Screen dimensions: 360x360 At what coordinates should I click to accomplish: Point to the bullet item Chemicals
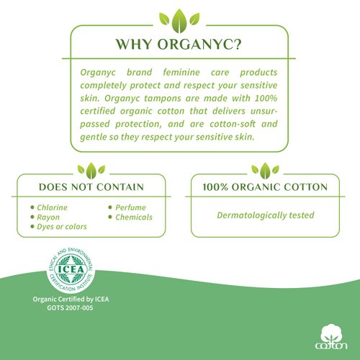[135, 217]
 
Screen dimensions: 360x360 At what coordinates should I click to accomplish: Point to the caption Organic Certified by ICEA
[71, 299]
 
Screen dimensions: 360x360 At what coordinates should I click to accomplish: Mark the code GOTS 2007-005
[71, 308]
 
